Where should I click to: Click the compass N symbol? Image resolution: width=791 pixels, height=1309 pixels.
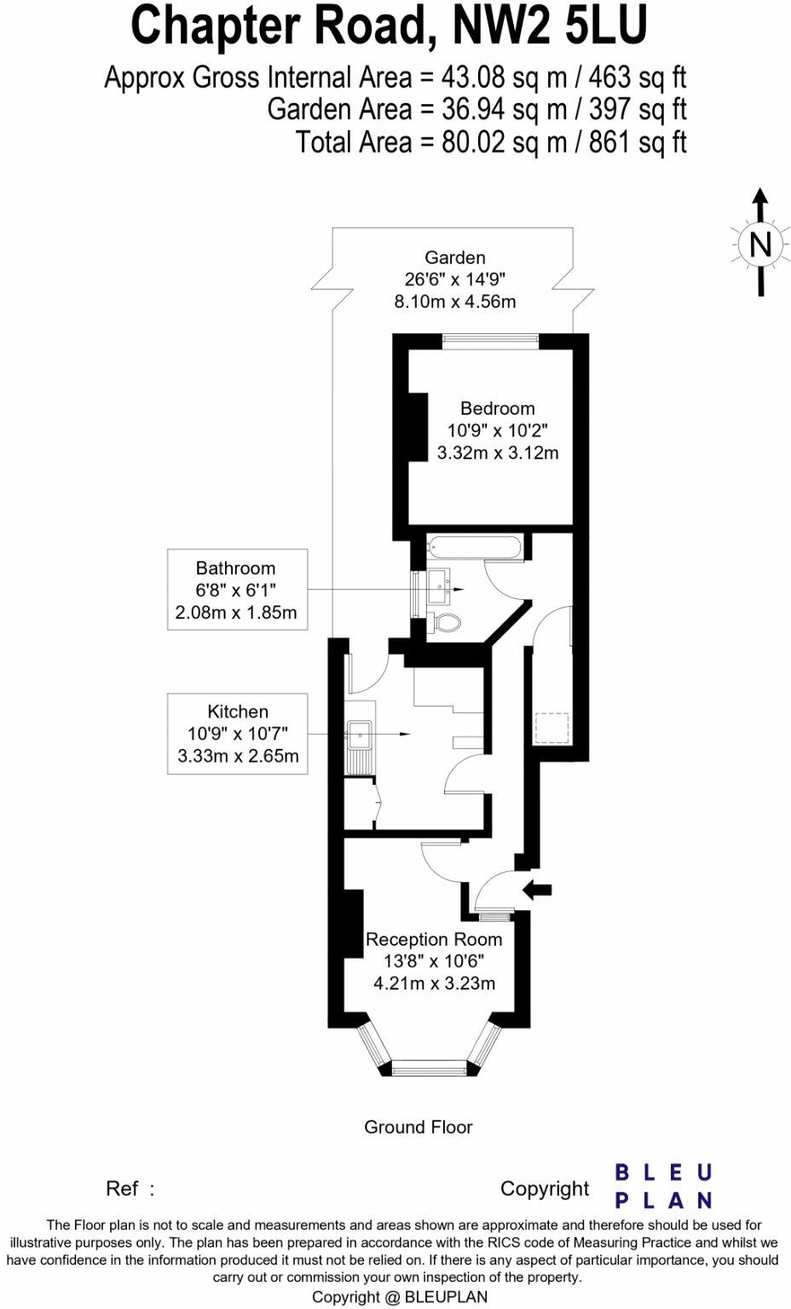(759, 245)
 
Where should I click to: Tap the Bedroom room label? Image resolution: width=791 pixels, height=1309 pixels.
(498, 408)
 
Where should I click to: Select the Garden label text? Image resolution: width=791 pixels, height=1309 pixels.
(455, 257)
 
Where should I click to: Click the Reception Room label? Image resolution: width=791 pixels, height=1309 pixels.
(434, 939)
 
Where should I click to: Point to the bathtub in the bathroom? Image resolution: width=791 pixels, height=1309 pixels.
(475, 547)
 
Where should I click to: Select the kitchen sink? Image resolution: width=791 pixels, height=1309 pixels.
(359, 731)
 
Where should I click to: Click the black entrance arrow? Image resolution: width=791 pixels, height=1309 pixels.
(537, 890)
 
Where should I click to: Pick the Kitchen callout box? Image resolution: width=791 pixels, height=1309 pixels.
(237, 734)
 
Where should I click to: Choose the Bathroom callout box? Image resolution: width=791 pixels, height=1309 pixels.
(237, 590)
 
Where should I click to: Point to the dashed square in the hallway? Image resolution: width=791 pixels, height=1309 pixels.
(551, 729)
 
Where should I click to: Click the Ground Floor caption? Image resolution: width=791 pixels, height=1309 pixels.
(418, 1127)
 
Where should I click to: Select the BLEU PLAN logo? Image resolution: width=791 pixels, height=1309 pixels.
(663, 1186)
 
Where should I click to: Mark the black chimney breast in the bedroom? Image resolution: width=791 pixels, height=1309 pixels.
(418, 427)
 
